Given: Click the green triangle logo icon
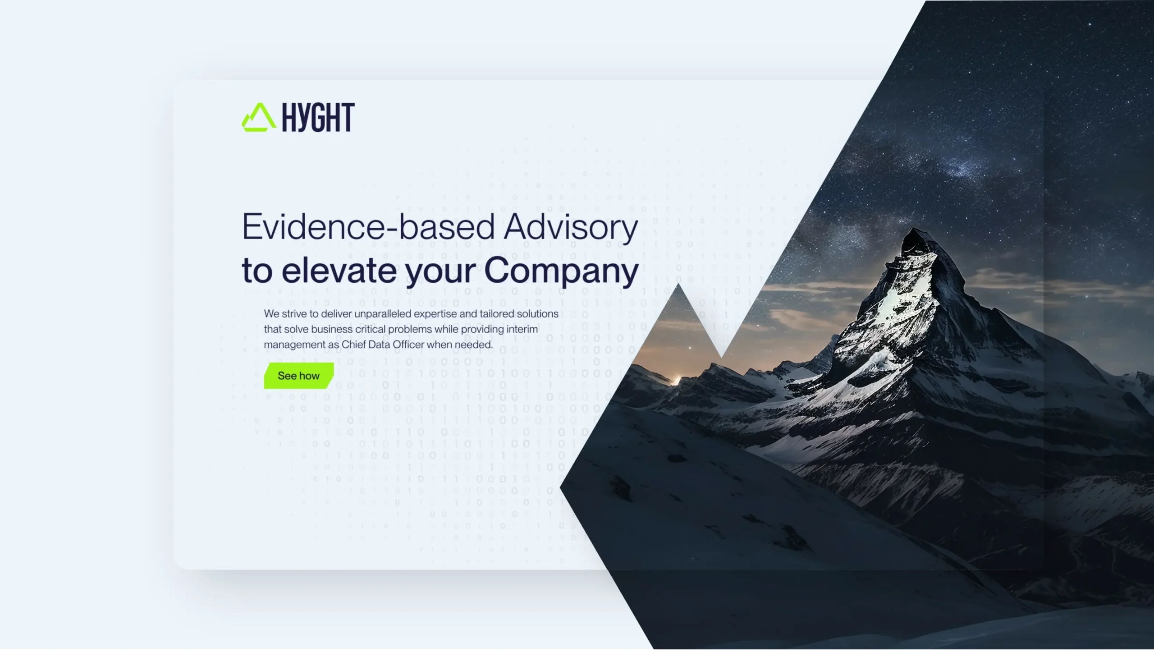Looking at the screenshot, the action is pos(259,117).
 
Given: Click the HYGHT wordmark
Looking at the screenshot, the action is pos(318,117).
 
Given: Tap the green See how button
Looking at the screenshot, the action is pos(298,376).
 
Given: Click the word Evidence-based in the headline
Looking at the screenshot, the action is pos(368,226).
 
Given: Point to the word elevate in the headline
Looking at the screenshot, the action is pos(339,270).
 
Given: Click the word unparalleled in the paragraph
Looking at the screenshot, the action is pos(383,314).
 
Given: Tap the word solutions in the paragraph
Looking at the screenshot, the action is pos(538,314).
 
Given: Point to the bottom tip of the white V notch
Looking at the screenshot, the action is pos(721,358).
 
